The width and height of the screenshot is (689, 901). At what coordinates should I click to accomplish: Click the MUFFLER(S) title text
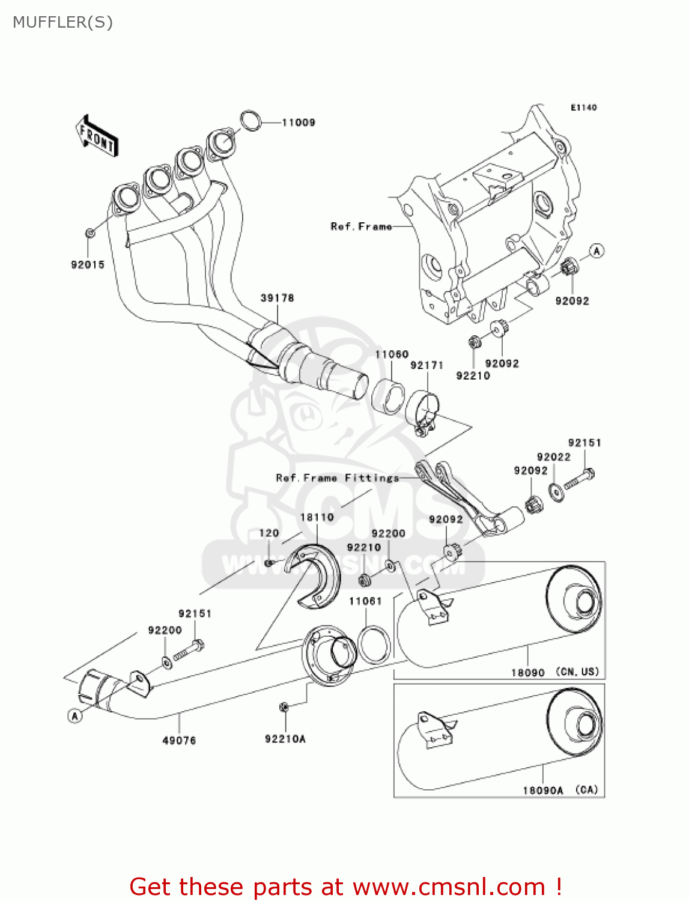(x=62, y=22)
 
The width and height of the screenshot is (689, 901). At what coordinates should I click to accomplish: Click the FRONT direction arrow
(x=97, y=136)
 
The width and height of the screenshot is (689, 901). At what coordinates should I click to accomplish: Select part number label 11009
(x=299, y=123)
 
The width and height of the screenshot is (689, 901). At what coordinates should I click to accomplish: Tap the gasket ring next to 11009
(x=251, y=121)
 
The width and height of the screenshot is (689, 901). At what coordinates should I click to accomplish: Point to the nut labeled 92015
(x=90, y=232)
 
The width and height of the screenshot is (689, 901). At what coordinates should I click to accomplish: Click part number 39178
(x=277, y=298)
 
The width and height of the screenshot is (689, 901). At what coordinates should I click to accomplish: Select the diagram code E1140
(x=583, y=108)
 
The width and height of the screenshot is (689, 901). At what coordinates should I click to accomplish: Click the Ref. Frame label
(x=361, y=226)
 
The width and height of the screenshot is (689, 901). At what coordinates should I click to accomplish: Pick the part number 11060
(x=391, y=354)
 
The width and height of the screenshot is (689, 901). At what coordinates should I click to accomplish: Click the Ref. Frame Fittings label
(x=337, y=478)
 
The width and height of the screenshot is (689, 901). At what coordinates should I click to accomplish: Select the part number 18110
(x=317, y=517)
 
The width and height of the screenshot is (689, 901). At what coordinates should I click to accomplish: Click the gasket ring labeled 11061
(x=374, y=644)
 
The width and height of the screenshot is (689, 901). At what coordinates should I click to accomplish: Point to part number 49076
(x=179, y=741)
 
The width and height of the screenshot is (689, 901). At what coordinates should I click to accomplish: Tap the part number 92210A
(x=285, y=739)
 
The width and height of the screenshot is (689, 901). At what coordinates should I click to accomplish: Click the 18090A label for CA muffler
(x=542, y=790)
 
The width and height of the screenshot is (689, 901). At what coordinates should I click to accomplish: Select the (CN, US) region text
(x=577, y=672)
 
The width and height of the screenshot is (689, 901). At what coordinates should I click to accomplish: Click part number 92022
(x=553, y=457)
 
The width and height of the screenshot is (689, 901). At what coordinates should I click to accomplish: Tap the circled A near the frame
(x=596, y=251)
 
